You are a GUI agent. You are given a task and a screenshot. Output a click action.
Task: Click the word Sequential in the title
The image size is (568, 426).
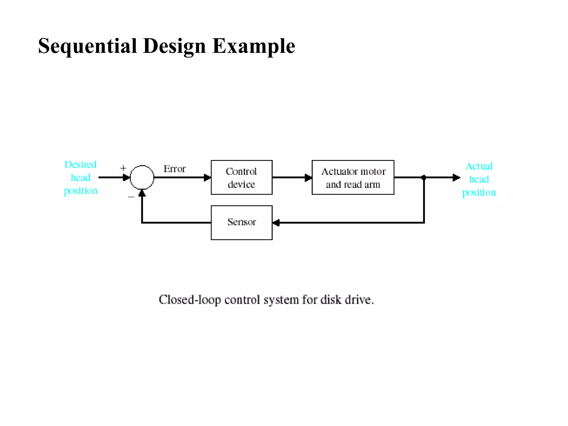(x=88, y=46)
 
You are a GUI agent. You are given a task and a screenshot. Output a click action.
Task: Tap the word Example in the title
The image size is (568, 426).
(x=253, y=46)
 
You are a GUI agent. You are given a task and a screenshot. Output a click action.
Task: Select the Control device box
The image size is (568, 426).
(x=242, y=177)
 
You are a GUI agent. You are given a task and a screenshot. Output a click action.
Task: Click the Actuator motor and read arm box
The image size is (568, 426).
(x=353, y=177)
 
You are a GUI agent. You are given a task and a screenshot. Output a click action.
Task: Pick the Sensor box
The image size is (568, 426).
(x=242, y=222)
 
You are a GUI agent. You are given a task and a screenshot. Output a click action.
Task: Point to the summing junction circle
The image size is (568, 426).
(x=142, y=177)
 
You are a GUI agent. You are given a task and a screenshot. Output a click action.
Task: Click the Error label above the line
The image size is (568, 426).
(x=174, y=169)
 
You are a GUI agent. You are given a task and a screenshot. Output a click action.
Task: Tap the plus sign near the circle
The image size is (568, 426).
(x=123, y=168)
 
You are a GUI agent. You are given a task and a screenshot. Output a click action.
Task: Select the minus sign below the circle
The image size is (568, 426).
(x=131, y=197)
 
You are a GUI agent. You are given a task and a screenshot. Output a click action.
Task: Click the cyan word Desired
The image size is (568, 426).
(x=80, y=164)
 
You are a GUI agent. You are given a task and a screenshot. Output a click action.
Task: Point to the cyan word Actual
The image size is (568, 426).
(x=479, y=166)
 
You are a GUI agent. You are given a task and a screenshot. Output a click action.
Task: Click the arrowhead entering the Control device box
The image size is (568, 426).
(x=207, y=177)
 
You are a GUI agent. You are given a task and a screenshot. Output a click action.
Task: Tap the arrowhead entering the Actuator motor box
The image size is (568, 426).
(x=308, y=177)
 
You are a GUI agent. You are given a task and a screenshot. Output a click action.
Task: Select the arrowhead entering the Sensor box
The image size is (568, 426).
(x=276, y=223)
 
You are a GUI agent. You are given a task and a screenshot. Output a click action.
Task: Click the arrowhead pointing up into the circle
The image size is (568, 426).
(x=142, y=193)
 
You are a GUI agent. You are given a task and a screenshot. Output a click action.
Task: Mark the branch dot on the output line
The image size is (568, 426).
(x=424, y=177)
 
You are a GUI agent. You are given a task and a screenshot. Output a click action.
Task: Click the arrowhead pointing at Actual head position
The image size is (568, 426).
(x=456, y=177)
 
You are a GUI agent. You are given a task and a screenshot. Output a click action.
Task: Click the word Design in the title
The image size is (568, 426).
(x=174, y=46)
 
